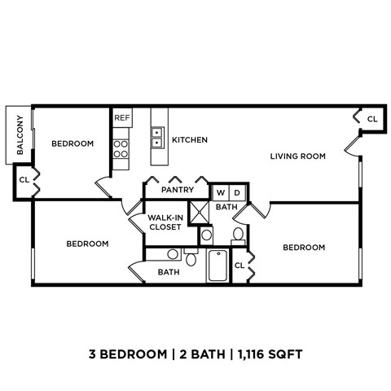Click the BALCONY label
[x=19, y=134]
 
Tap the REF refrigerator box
[x=122, y=118]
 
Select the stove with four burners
[x=121, y=148]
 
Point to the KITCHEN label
[x=189, y=140]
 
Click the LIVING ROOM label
[x=298, y=156]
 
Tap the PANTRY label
[x=177, y=191]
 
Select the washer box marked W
[x=220, y=193]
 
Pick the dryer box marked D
[x=236, y=193]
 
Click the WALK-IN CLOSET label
[x=165, y=222]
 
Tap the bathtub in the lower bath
[x=217, y=266]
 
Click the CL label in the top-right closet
[x=372, y=119]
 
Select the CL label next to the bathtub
[x=240, y=266]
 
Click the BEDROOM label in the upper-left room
[x=72, y=143]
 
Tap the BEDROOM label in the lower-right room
[x=304, y=247]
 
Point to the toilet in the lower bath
[x=191, y=259]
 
